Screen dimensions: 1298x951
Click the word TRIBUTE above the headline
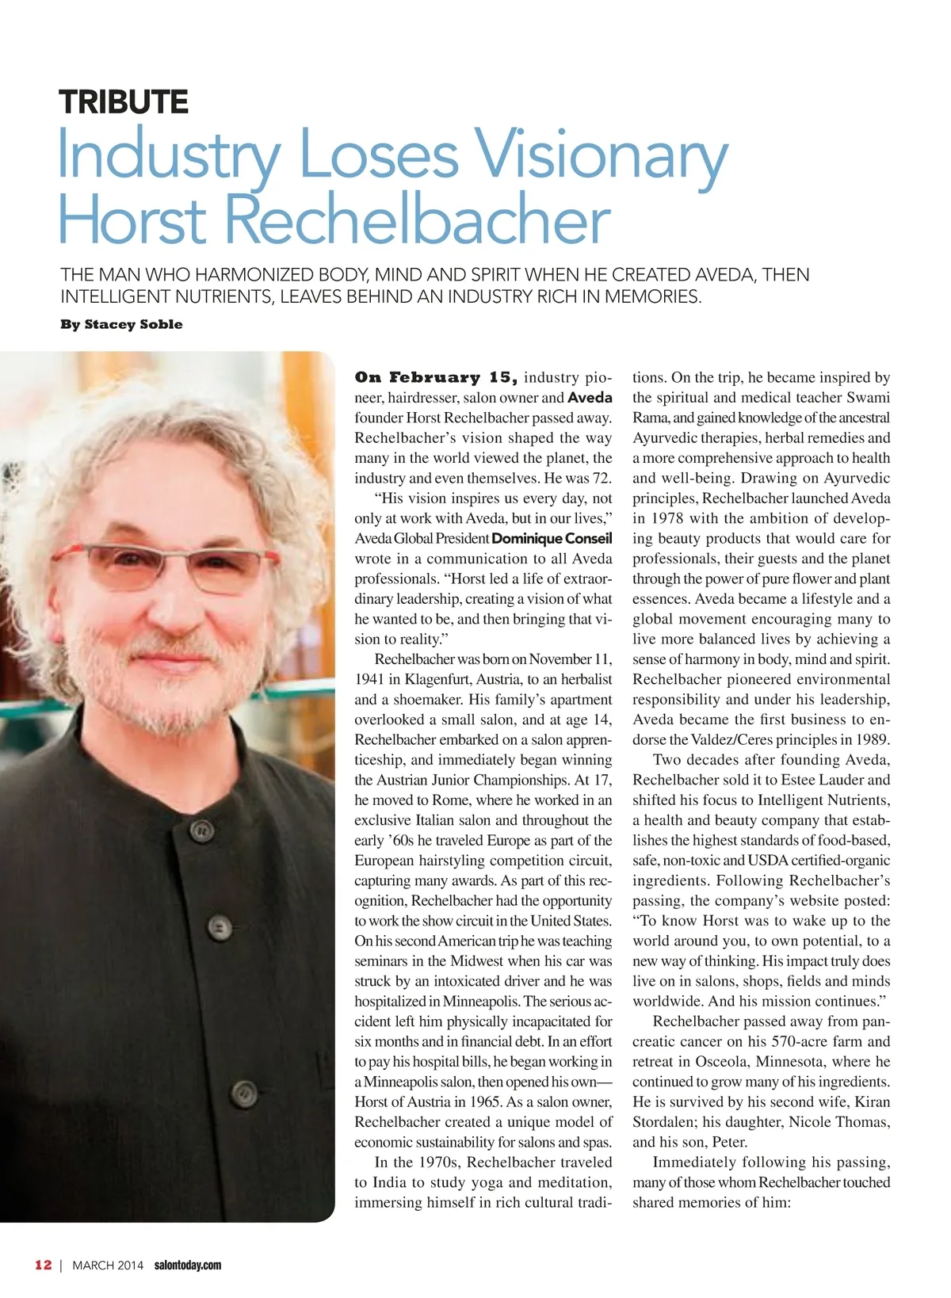click(x=123, y=102)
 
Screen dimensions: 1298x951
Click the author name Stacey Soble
click(x=133, y=324)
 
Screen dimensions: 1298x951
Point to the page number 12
click(x=43, y=1265)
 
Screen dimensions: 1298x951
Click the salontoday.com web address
click(x=188, y=1266)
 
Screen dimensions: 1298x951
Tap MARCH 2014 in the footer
click(x=108, y=1266)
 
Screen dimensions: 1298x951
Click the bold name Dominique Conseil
click(x=552, y=539)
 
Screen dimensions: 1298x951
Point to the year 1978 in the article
click(x=668, y=518)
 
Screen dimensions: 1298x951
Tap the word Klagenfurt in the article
click(x=439, y=679)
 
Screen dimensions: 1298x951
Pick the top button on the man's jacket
click(x=203, y=830)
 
